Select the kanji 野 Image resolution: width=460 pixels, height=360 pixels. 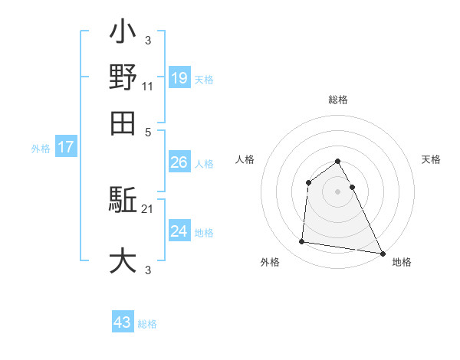123,79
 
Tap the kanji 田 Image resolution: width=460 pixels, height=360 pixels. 123,123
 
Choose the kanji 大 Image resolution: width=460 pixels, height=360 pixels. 123,260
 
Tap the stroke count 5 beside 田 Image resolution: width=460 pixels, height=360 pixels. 149,132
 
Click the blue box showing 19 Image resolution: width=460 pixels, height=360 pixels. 179,77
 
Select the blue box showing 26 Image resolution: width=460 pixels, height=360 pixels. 179,162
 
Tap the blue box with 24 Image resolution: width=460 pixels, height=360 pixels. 179,231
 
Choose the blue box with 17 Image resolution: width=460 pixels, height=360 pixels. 66,148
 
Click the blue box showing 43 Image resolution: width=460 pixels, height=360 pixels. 123,322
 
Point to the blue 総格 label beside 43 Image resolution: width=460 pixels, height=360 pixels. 147,324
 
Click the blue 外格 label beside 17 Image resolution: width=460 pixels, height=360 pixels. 41,149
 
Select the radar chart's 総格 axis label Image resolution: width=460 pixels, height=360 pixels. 337,100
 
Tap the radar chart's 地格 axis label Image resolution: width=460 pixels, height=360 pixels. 402,263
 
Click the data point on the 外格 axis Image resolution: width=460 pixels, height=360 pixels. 302,242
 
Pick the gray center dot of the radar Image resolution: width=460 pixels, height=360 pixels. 337,191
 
